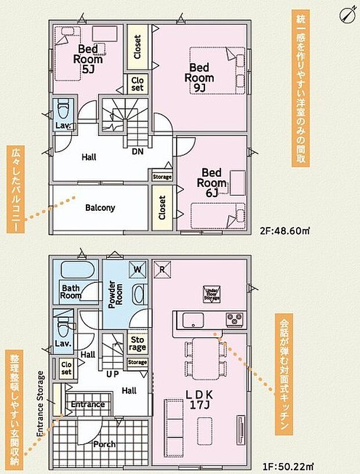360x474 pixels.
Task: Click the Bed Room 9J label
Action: pos(200,77)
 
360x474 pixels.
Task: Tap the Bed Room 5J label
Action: pos(88,59)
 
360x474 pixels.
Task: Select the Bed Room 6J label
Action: pos(212,183)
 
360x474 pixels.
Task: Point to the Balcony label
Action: pos(100,207)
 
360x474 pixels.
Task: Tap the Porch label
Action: pos(104,444)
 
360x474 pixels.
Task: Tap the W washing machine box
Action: pos(138,270)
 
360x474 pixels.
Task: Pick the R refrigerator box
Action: pos(163,269)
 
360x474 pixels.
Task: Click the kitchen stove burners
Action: pos(235,318)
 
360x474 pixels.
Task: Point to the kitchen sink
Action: pos(192,319)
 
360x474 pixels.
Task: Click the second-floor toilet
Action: pos(63,108)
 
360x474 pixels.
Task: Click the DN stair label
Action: pos(138,152)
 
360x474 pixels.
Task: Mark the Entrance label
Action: pos(88,404)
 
